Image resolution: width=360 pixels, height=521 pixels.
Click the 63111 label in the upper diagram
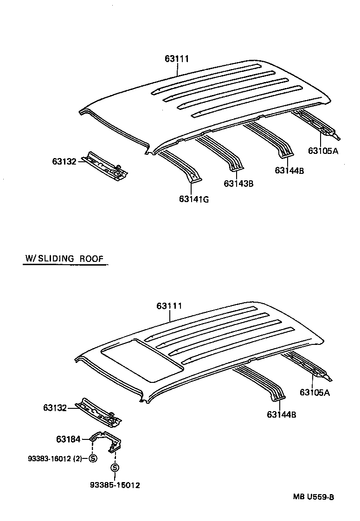(x=177, y=59)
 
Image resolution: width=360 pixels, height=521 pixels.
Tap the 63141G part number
(x=194, y=199)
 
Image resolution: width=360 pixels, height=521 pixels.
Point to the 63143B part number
(x=238, y=184)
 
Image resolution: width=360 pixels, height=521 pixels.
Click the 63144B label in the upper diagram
(x=289, y=170)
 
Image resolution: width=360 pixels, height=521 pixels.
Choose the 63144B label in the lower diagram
(x=281, y=414)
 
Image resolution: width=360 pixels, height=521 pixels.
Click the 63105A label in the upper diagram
(x=323, y=150)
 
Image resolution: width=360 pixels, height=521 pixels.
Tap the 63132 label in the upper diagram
(x=64, y=161)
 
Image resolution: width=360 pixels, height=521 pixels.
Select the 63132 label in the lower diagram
(x=56, y=408)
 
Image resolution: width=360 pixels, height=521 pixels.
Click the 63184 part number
(x=68, y=438)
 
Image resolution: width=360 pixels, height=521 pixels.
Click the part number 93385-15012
(x=115, y=485)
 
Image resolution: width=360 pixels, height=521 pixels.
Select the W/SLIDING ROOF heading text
(x=64, y=259)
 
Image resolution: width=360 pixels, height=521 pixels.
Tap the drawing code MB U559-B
(x=313, y=497)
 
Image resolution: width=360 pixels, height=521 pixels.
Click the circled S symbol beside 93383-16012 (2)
(x=92, y=458)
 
